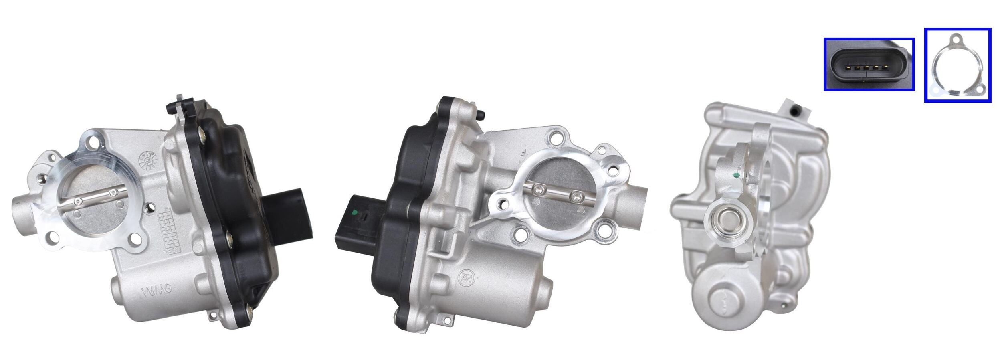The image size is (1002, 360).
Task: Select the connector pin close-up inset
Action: tap(869, 64)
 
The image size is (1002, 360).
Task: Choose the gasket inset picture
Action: tap(958, 65)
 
